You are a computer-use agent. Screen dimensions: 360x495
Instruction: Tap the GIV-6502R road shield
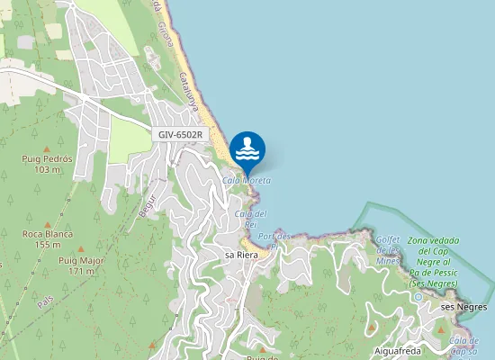180,134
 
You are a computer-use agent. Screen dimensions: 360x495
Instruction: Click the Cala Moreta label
247,181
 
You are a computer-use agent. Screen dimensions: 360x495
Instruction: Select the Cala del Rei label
251,219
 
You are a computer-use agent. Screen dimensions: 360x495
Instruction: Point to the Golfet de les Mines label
388,249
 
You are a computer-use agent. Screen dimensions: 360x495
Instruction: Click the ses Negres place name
463,307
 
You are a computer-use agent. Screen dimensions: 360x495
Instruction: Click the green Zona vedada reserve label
433,262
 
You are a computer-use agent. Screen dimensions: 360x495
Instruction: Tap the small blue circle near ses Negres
418,296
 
